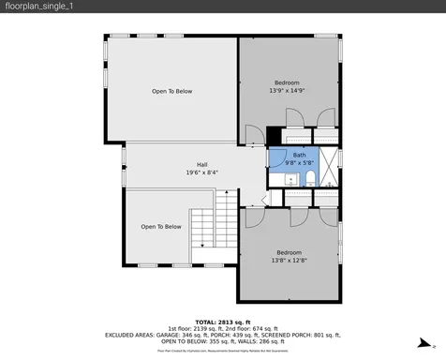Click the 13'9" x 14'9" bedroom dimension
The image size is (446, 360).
click(x=287, y=91)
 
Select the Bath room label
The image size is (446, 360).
click(x=299, y=155)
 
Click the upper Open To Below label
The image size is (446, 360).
click(x=172, y=91)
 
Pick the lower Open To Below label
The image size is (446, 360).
click(x=160, y=227)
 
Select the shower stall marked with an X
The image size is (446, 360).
click(x=330, y=165)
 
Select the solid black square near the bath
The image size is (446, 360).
click(x=274, y=134)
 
